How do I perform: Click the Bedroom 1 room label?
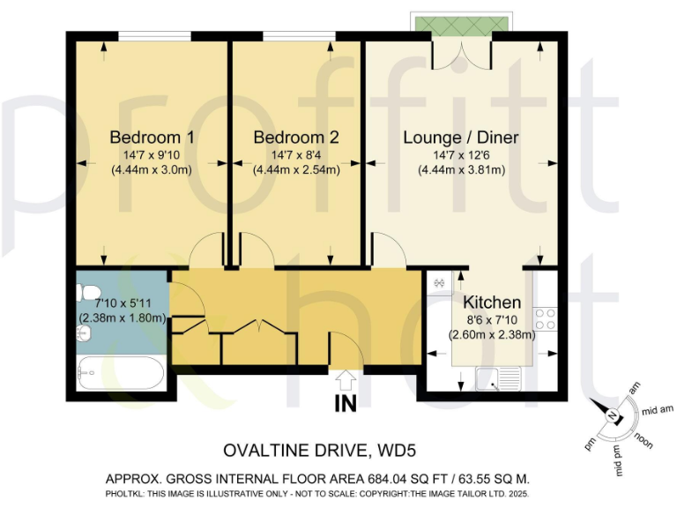tap(152, 138)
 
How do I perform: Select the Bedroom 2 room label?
tap(295, 138)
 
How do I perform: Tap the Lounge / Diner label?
tap(460, 138)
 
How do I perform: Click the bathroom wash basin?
tap(85, 332)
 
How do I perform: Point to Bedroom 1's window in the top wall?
tap(155, 35)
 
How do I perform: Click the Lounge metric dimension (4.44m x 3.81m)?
tap(460, 170)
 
